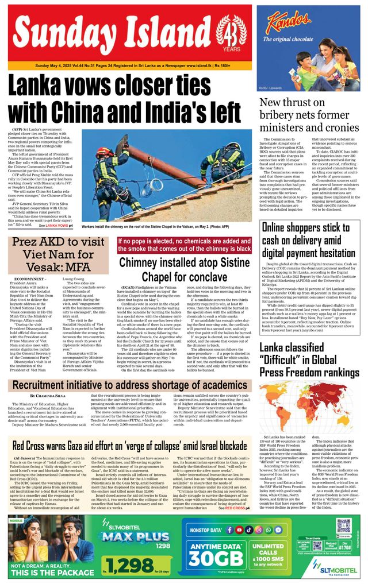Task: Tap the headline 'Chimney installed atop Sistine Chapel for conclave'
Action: click(185, 269)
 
